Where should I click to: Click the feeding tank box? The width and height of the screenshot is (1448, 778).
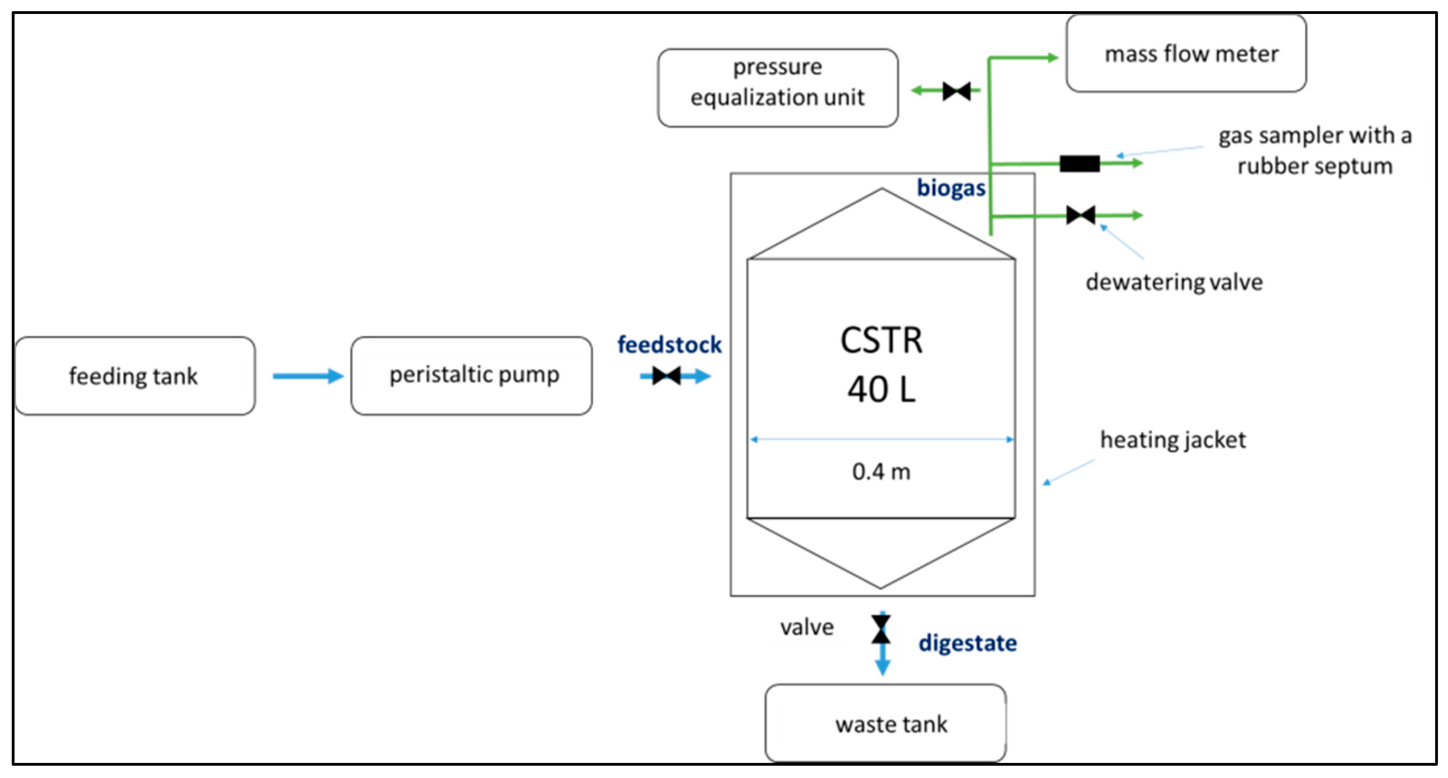point(135,376)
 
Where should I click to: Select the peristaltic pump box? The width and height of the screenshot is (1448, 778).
point(471,376)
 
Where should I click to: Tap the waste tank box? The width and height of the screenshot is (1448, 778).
point(886,723)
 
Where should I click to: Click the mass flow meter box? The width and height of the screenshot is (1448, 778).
point(1186,54)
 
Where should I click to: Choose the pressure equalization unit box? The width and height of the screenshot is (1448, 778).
point(778,88)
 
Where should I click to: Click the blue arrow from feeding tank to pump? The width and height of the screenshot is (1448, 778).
point(308,376)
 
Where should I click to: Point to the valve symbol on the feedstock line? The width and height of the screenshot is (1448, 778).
point(666,376)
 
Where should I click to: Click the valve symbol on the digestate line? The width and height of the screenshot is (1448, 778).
point(881,629)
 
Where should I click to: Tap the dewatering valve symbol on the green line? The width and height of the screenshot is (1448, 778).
point(1081,214)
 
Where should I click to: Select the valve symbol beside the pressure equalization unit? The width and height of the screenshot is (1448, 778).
point(957,90)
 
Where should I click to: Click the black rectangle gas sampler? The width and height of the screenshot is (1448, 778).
point(1080,164)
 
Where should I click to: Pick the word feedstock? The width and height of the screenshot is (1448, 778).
point(669,345)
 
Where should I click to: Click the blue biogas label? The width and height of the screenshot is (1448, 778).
point(951,188)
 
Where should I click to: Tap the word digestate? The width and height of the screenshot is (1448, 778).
point(967,643)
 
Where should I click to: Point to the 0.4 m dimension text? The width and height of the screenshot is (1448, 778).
point(882,471)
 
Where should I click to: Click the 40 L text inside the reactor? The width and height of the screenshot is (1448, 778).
point(882,389)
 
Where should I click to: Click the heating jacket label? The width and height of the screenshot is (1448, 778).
point(1173,440)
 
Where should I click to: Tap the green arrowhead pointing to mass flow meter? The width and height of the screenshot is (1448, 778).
point(1052,58)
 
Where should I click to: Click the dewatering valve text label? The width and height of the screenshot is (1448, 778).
point(1174,281)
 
